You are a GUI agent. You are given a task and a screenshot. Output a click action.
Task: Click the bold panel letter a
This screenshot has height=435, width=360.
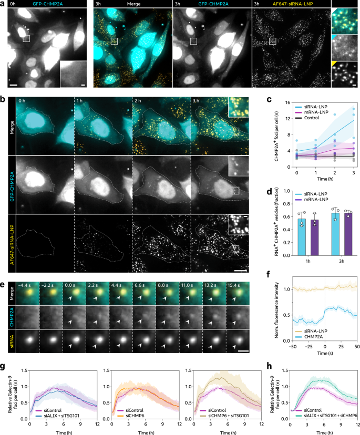tap(3, 4)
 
